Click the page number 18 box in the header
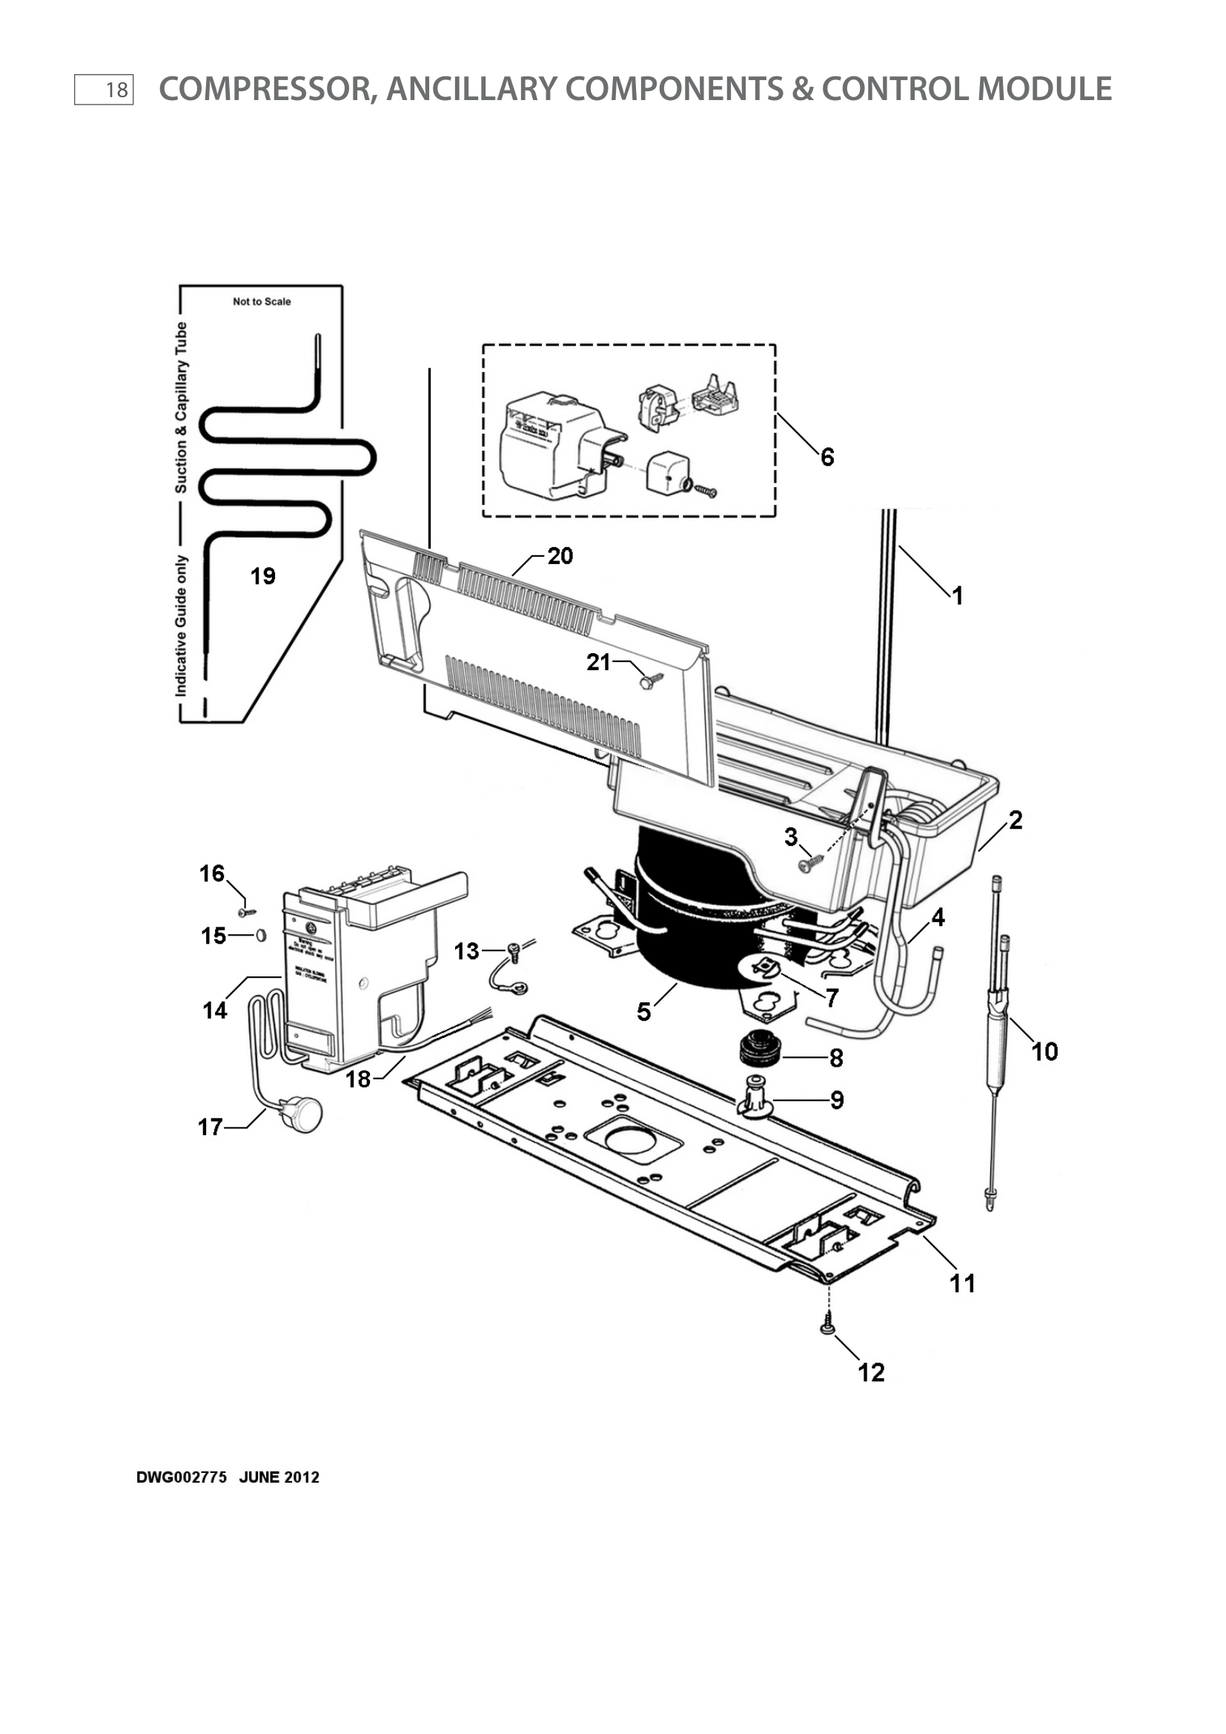105,90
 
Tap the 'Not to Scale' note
261,301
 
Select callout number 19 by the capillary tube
262,576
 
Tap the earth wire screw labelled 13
514,950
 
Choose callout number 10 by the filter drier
1044,1051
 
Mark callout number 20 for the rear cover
560,556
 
